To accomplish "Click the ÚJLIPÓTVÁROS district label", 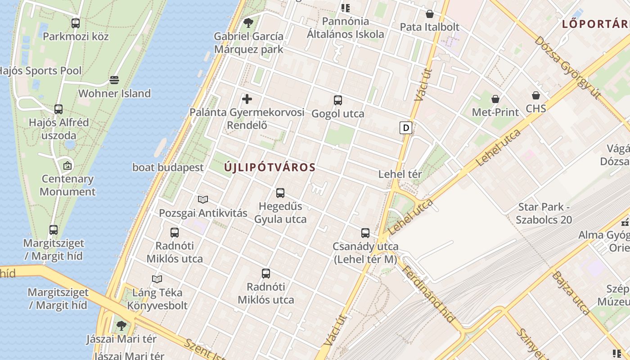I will pos(270,167).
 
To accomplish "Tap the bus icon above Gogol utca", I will pos(338,100).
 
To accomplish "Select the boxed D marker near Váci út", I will pos(406,128).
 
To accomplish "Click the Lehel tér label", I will pos(400,174).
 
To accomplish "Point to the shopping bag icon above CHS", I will pos(536,95).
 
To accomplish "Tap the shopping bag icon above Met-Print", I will pos(495,99).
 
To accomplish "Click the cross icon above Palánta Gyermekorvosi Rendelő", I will pos(247,99).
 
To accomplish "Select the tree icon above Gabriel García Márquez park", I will pos(248,22).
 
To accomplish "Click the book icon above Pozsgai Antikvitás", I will pos(203,199).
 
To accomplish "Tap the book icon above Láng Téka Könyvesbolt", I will pos(157,279).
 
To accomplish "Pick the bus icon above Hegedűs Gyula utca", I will pos(280,193).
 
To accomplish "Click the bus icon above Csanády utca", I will pos(365,233).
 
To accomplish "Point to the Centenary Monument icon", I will pos(67,166).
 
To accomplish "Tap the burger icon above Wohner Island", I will pos(114,80).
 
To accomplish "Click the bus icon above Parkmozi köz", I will pos(76,23).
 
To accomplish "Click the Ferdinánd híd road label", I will pos(427,294).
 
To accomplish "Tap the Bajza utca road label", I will pos(571,292).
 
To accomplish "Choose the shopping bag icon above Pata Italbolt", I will pos(430,14).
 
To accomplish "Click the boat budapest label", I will pos(168,167).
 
